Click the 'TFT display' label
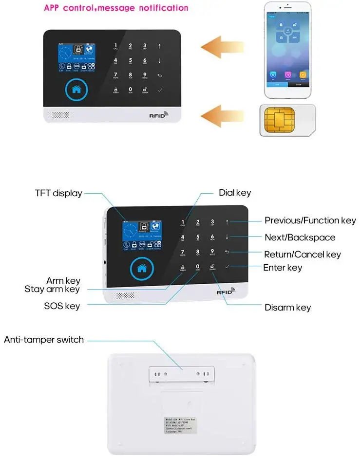click(58, 193)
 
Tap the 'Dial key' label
click(235, 193)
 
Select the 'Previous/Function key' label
click(310, 220)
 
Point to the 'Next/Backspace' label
click(300, 237)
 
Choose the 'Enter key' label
click(283, 268)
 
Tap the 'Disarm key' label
click(287, 307)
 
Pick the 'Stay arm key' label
click(52, 289)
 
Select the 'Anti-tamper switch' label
click(44, 340)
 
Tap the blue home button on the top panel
click(76, 90)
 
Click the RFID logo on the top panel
click(158, 116)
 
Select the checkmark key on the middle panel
click(228, 267)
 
